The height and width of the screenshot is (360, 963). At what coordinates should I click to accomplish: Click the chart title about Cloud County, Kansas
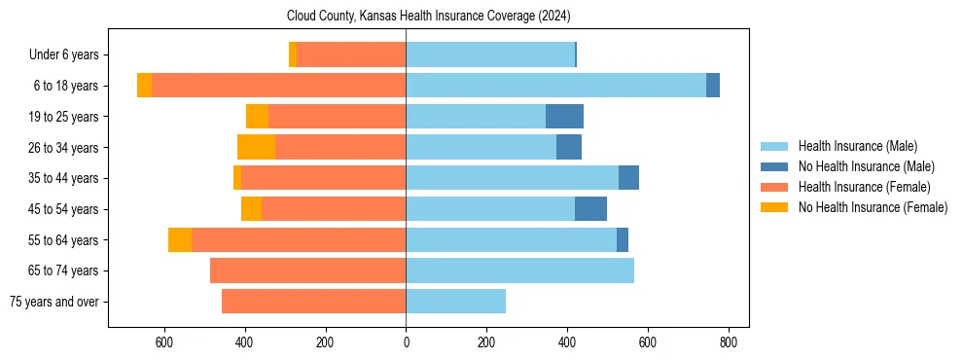click(428, 16)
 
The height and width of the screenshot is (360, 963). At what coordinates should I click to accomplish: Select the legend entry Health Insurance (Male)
click(857, 146)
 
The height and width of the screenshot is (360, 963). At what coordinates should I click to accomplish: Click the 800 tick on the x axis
click(729, 342)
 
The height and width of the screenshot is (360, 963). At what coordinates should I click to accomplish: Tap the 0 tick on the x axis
click(406, 342)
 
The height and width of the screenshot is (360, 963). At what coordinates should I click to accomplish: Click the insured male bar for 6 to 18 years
click(555, 86)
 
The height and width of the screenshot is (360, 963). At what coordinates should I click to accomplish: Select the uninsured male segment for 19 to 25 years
click(564, 117)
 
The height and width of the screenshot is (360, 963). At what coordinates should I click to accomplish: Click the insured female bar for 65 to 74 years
click(307, 270)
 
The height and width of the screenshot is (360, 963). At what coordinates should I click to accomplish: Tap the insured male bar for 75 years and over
click(455, 302)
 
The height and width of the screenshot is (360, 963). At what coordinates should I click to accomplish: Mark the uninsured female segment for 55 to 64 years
click(180, 239)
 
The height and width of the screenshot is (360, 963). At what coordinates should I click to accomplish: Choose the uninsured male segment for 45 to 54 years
click(590, 209)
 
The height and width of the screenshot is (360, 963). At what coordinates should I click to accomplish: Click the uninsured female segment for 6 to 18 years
click(144, 86)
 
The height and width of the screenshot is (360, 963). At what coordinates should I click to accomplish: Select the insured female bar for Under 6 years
click(351, 55)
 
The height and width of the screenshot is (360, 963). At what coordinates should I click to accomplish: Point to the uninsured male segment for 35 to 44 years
click(628, 178)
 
